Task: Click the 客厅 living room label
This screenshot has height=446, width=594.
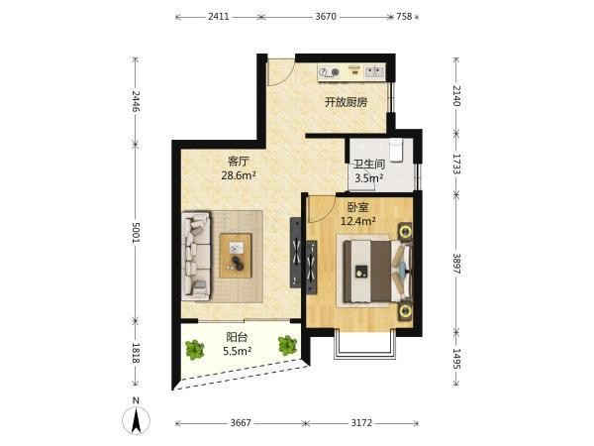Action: tap(238, 162)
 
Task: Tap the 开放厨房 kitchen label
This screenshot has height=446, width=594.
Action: tap(346, 102)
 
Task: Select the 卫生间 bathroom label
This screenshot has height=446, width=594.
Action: tap(369, 165)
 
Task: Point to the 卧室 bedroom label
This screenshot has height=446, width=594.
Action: tap(358, 207)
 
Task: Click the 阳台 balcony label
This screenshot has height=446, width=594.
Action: tap(237, 337)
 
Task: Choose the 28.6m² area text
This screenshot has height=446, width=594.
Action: tap(239, 175)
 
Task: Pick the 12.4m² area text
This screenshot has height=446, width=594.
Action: tap(358, 221)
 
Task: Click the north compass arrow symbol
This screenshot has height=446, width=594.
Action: tap(136, 420)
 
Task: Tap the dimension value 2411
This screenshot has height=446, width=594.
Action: tap(219, 17)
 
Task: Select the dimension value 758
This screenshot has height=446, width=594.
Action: tap(404, 17)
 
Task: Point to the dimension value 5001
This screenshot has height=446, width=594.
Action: tap(136, 233)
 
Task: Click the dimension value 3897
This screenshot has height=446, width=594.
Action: tap(456, 264)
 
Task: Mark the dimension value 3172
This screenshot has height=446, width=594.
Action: tap(361, 422)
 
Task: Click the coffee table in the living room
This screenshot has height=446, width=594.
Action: tap(236, 256)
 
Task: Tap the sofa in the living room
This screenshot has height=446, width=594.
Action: tap(195, 257)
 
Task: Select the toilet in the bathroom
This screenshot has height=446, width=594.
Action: tap(395, 150)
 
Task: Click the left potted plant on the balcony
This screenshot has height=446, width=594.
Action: tap(195, 350)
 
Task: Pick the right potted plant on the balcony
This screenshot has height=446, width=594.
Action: tap(287, 346)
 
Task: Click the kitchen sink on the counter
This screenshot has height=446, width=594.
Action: tap(374, 71)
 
